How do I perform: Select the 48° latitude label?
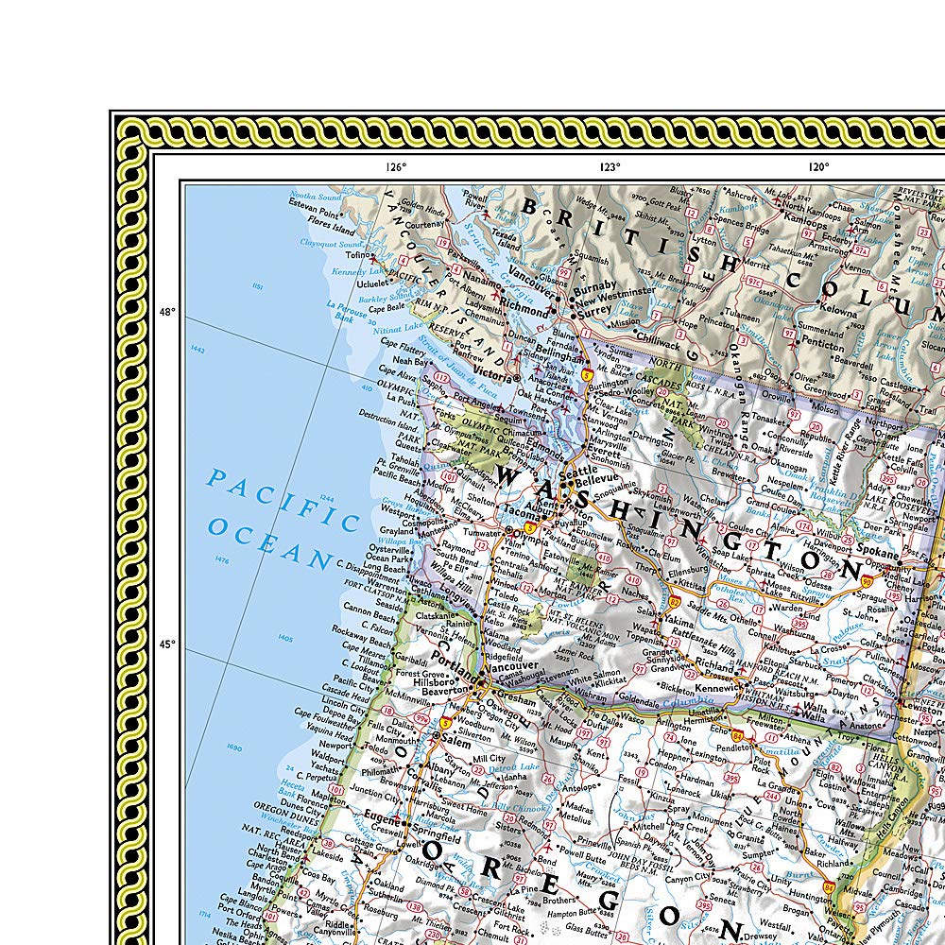[166, 312]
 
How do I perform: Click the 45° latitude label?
[166, 644]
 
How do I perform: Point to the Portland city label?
[451, 655]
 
